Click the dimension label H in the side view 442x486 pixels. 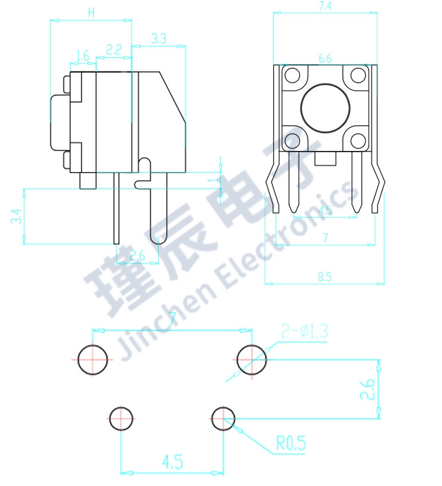pyautogui.click(x=91, y=13)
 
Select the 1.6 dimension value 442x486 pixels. pyautogui.click(x=82, y=55)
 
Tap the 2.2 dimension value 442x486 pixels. pyautogui.click(x=114, y=50)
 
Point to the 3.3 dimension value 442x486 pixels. pyautogui.click(x=159, y=39)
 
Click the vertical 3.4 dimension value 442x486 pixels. pyautogui.click(x=16, y=216)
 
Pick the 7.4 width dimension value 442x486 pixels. pyautogui.click(x=325, y=6)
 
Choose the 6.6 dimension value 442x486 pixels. pyautogui.click(x=325, y=58)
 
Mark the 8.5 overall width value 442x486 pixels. pyautogui.click(x=324, y=277)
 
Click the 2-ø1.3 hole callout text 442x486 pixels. pyautogui.click(x=304, y=331)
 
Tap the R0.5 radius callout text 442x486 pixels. pyautogui.click(x=291, y=443)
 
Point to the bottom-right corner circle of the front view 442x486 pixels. pyautogui.click(x=358, y=140)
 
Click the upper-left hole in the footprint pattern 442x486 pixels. pyautogui.click(x=92, y=360)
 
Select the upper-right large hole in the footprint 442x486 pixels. pyautogui.click(x=251, y=360)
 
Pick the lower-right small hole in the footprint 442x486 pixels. pyautogui.click(x=223, y=419)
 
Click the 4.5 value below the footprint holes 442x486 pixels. pyautogui.click(x=172, y=462)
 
